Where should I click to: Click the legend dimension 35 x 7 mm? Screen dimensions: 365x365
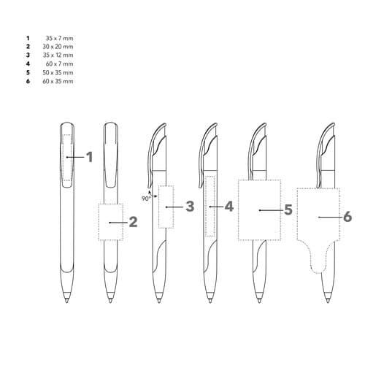(x=59, y=38)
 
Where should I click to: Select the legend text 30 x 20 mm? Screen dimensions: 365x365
(x=58, y=47)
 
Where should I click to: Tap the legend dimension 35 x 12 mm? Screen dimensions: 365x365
(x=58, y=55)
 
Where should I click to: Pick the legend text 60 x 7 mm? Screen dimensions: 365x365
(x=59, y=64)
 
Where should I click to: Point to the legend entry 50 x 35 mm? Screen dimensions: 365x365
(x=58, y=72)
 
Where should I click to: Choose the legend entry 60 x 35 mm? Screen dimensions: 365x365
(x=58, y=81)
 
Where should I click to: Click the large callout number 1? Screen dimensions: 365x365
(x=90, y=157)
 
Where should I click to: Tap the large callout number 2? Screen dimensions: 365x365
(x=133, y=222)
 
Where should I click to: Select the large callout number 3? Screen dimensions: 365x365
(x=190, y=207)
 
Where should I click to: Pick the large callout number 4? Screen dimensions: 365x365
(x=229, y=207)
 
